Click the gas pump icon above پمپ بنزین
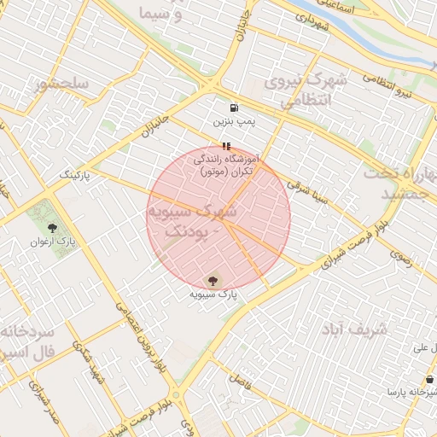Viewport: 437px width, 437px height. coord(234,108)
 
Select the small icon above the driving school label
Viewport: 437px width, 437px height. coord(225,146)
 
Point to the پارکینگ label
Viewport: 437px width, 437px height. coord(73,173)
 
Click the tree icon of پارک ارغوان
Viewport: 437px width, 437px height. coord(53,228)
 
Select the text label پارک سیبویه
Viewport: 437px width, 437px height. coord(213,294)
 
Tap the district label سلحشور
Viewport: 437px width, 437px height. coord(61,84)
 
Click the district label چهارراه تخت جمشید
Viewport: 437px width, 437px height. coord(401,183)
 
